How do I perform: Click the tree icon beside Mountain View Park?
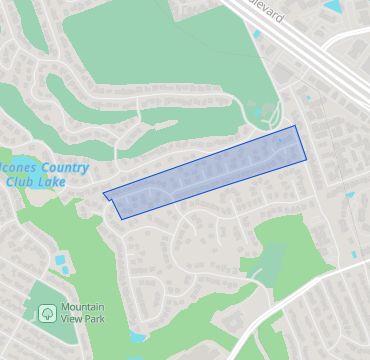[47, 314]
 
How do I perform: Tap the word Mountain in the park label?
[84, 308]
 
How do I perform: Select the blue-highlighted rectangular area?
[205, 172]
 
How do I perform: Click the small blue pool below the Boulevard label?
[257, 35]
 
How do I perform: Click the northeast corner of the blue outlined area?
[296, 126]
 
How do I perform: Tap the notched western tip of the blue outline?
[104, 194]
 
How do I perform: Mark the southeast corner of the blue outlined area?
[306, 159]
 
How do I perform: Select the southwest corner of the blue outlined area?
[121, 218]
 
